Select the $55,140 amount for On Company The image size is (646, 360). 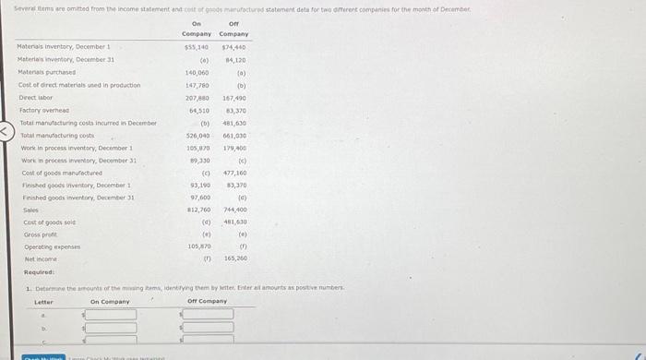(x=197, y=46)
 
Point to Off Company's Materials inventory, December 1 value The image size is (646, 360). (x=233, y=46)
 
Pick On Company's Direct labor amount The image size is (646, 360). (x=197, y=98)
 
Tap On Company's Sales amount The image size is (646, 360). (x=197, y=210)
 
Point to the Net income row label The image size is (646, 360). (x=36, y=260)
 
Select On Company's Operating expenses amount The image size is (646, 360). (x=197, y=247)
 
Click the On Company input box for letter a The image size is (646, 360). (x=111, y=315)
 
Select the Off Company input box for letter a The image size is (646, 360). (x=208, y=315)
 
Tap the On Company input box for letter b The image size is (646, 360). (x=111, y=328)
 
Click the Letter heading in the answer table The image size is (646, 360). (x=44, y=301)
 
